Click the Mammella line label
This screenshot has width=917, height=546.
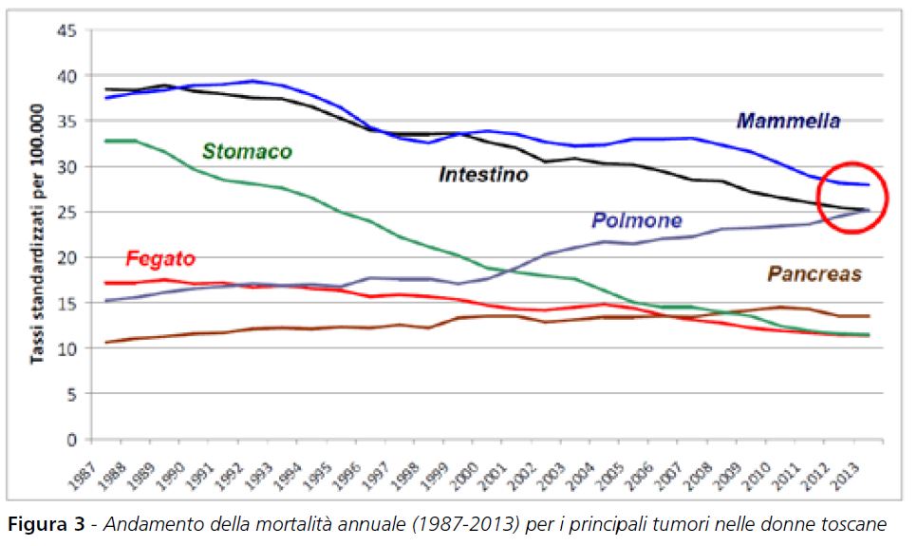(788, 121)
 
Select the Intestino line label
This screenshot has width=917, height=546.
(483, 175)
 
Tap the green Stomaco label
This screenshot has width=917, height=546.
(247, 152)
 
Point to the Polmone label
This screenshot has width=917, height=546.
(637, 220)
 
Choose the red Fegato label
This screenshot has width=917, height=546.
(159, 258)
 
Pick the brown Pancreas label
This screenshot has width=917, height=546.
(814, 274)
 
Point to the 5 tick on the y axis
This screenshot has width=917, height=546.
(71, 394)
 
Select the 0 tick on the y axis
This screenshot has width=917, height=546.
(71, 440)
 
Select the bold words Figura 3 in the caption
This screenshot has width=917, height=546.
(47, 524)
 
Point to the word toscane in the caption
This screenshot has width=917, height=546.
(854, 524)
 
